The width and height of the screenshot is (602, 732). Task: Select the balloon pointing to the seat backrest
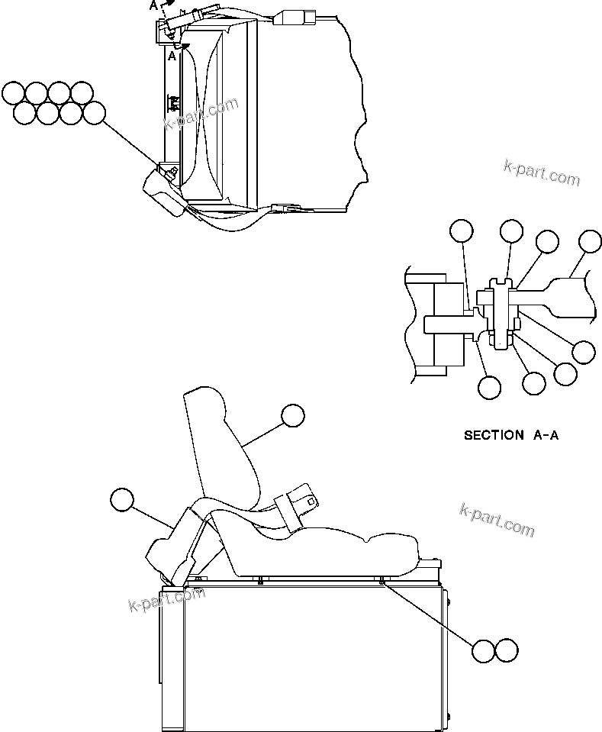pos(292,415)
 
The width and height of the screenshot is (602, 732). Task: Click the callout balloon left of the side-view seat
pos(121,499)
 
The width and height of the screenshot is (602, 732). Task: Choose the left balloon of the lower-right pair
pos(484,650)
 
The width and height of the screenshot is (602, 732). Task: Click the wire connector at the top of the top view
pos(292,17)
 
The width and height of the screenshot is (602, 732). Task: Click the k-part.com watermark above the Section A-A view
pos(542,173)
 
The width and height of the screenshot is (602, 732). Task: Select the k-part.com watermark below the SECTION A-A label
pos(497,519)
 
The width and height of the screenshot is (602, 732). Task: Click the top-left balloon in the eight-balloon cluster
pos(13,93)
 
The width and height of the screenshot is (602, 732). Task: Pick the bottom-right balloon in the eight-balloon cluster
pos(94,113)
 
